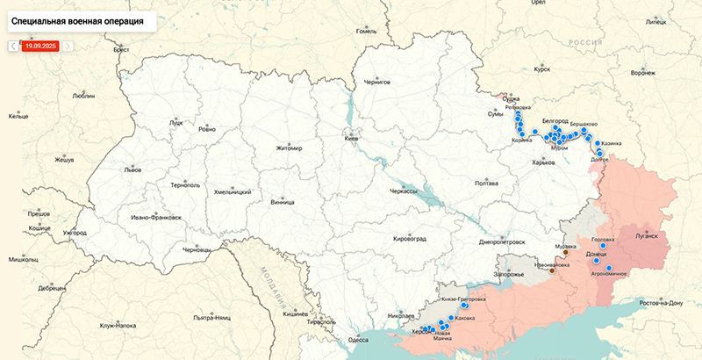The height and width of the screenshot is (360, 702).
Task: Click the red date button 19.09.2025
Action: (40, 46)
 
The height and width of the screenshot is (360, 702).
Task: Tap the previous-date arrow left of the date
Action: (13, 46)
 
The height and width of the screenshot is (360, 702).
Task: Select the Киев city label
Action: (350, 140)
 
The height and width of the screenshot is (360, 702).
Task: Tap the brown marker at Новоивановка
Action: (552, 271)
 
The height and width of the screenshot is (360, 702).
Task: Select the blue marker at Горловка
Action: (603, 246)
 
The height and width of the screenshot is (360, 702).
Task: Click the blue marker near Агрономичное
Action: (609, 267)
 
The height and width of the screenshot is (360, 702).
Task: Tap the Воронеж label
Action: (641, 73)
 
